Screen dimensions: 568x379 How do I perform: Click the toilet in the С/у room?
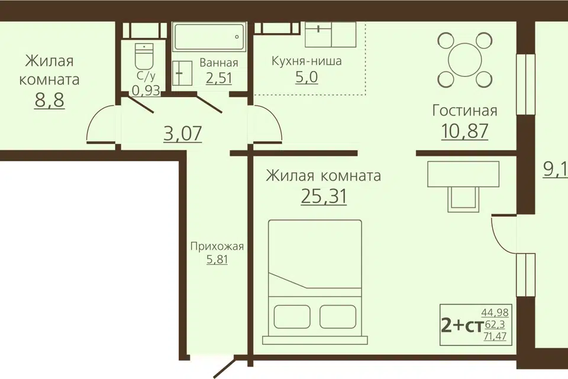pyautogui.click(x=144, y=57)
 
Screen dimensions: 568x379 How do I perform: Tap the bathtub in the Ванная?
pyautogui.click(x=209, y=37)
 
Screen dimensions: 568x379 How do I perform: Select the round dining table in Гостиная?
pyautogui.click(x=465, y=60)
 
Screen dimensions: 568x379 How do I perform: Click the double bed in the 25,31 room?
pyautogui.click(x=315, y=282)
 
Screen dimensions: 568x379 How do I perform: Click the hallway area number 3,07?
pyautogui.click(x=183, y=133)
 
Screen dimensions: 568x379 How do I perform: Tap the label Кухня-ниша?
pyautogui.click(x=306, y=61)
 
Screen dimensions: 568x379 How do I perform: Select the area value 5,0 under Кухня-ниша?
pyautogui.click(x=306, y=77)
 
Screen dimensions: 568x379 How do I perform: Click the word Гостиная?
pyautogui.click(x=465, y=110)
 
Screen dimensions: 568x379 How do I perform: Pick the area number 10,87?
pyautogui.click(x=465, y=131)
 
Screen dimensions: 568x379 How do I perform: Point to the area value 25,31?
pyautogui.click(x=324, y=196)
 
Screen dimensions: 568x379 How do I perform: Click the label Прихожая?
pyautogui.click(x=217, y=246)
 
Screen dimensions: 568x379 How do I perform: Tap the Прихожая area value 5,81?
pyautogui.click(x=217, y=259)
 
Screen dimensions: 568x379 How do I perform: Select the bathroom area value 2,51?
pyautogui.click(x=219, y=78)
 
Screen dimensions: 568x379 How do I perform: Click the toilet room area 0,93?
pyautogui.click(x=146, y=90)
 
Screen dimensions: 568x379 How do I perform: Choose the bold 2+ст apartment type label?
pyautogui.click(x=463, y=326)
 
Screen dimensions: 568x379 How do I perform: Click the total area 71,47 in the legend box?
pyautogui.click(x=495, y=336)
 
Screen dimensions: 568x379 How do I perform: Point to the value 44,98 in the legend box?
pyautogui.click(x=495, y=312)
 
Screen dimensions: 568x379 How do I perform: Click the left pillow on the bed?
pyautogui.click(x=292, y=317)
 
